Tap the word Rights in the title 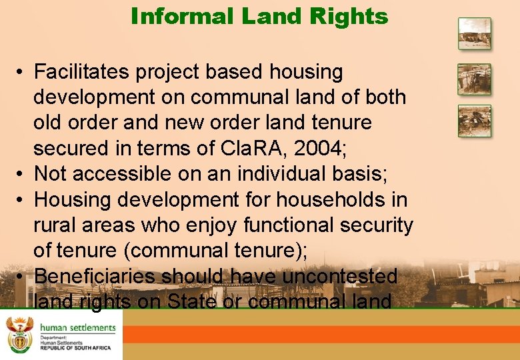tap(355, 16)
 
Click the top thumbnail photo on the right tap(474, 33)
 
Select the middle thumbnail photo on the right tap(474, 79)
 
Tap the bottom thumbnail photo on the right tap(474, 121)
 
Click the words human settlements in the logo tap(77, 327)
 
